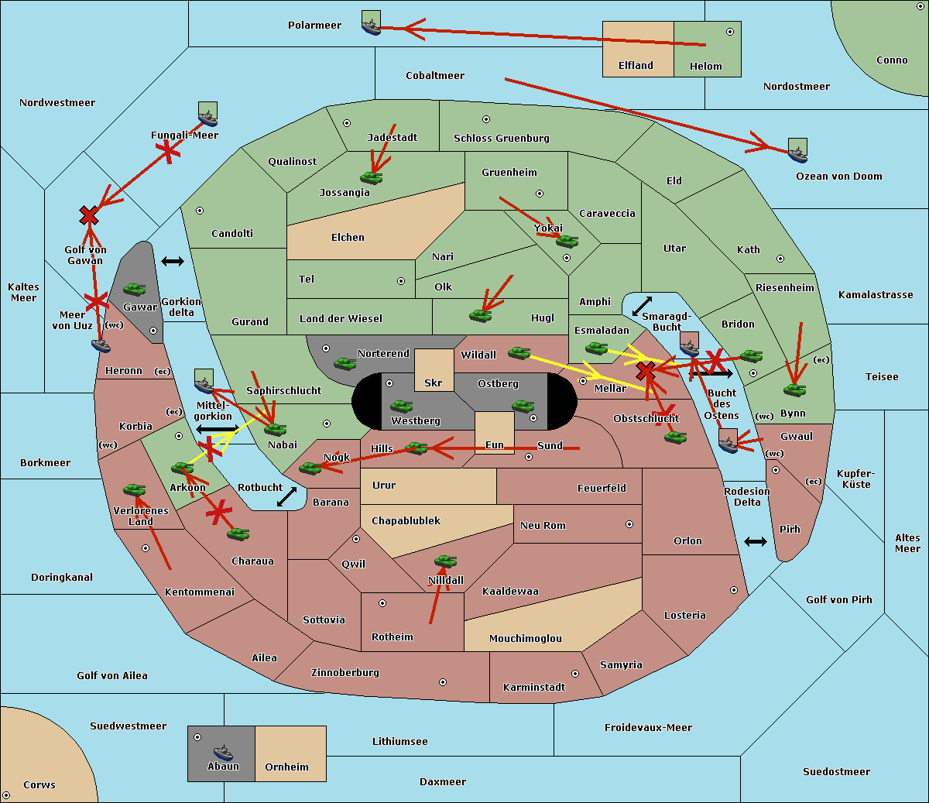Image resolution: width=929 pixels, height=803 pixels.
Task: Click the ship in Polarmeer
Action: click(x=372, y=24)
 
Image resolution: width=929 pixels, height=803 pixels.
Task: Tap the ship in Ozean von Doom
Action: click(x=797, y=152)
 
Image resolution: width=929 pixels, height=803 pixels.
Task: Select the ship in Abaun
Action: click(x=223, y=752)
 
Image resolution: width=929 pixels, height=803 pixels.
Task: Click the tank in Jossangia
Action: click(x=372, y=177)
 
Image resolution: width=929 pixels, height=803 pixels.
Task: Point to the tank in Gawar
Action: click(x=135, y=290)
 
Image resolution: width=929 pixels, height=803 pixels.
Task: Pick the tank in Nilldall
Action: click(x=445, y=561)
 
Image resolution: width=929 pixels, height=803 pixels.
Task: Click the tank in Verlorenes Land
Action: click(x=134, y=490)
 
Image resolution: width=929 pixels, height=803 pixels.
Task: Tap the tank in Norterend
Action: click(x=345, y=363)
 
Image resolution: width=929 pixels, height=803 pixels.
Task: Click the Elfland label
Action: click(x=636, y=66)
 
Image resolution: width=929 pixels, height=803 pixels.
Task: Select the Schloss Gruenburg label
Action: click(x=501, y=139)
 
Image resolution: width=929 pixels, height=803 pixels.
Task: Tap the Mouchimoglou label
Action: click(x=526, y=639)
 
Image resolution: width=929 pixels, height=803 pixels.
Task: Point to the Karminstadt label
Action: click(x=534, y=688)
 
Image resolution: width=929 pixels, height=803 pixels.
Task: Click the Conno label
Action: click(x=892, y=60)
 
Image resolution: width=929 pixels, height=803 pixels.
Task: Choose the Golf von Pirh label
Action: click(x=838, y=600)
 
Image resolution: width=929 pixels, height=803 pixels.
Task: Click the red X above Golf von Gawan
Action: click(x=89, y=216)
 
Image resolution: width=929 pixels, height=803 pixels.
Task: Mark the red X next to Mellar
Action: click(x=646, y=372)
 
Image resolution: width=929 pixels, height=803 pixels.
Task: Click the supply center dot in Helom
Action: click(x=729, y=32)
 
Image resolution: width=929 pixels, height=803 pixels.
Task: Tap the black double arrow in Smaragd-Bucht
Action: click(x=642, y=306)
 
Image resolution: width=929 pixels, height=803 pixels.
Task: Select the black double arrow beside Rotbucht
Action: click(x=286, y=496)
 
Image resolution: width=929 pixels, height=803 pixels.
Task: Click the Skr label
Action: click(x=433, y=383)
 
